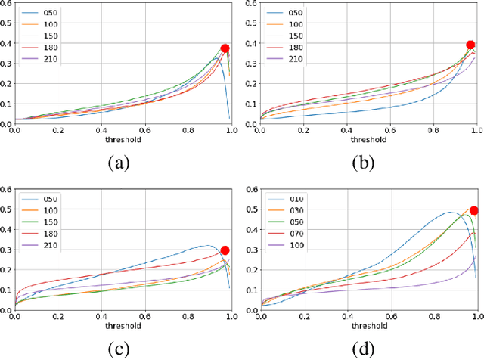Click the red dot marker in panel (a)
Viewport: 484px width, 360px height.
[x=225, y=48]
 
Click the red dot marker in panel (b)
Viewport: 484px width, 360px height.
[x=470, y=45]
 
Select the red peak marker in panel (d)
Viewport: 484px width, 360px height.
[x=474, y=211]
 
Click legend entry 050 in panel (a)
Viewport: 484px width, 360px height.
[x=51, y=14]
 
